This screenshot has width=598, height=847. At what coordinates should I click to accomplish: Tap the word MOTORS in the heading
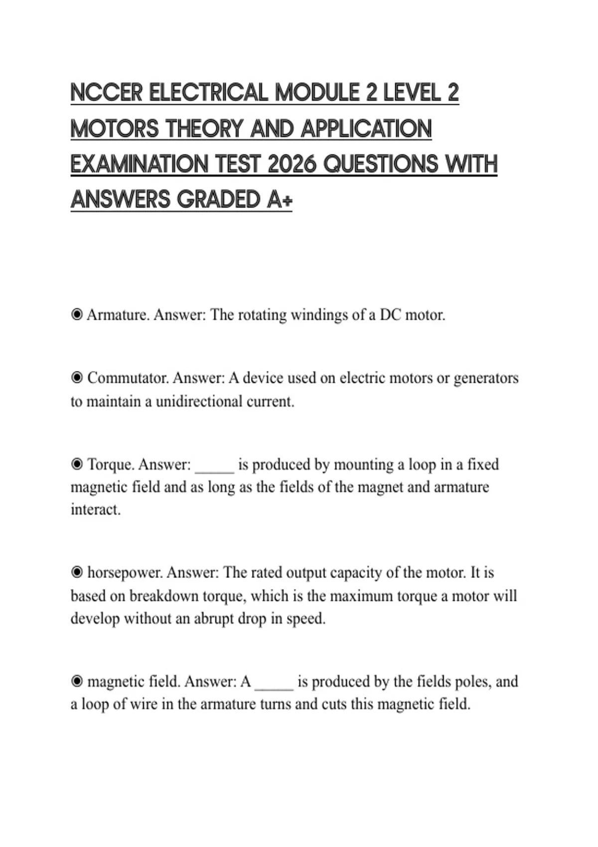coord(115,129)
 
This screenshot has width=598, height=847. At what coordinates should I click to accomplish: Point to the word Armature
coord(118,315)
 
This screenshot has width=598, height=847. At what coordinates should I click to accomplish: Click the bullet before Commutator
coord(77,378)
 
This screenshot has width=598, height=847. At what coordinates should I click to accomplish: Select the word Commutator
coord(129,378)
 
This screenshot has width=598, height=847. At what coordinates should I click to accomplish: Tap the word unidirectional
coord(199,402)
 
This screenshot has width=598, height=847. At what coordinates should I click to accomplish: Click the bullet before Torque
coord(77,464)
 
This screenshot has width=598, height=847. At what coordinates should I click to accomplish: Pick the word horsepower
coord(125,573)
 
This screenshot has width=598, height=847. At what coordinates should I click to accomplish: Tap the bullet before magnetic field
coord(77,682)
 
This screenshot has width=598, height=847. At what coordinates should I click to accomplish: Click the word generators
coord(486,378)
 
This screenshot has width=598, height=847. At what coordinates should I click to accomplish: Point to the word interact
coord(95,510)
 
